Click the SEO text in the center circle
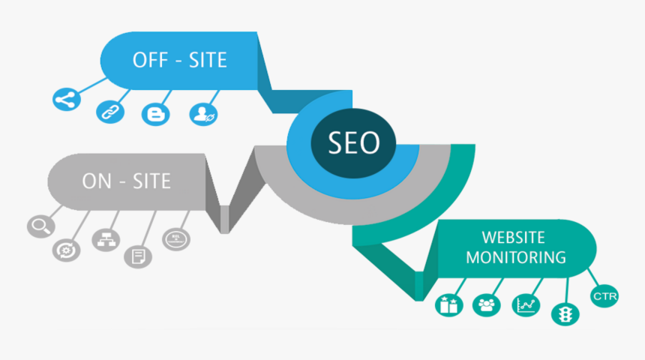pyautogui.click(x=354, y=142)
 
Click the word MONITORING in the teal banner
pyautogui.click(x=516, y=257)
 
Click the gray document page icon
pyautogui.click(x=138, y=256)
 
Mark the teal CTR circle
pyautogui.click(x=604, y=296)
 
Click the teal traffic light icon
pyautogui.click(x=563, y=313)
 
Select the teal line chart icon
pyautogui.click(x=524, y=304)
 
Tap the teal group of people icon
pyautogui.click(x=487, y=304)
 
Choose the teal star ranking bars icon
pyautogui.click(x=448, y=304)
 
